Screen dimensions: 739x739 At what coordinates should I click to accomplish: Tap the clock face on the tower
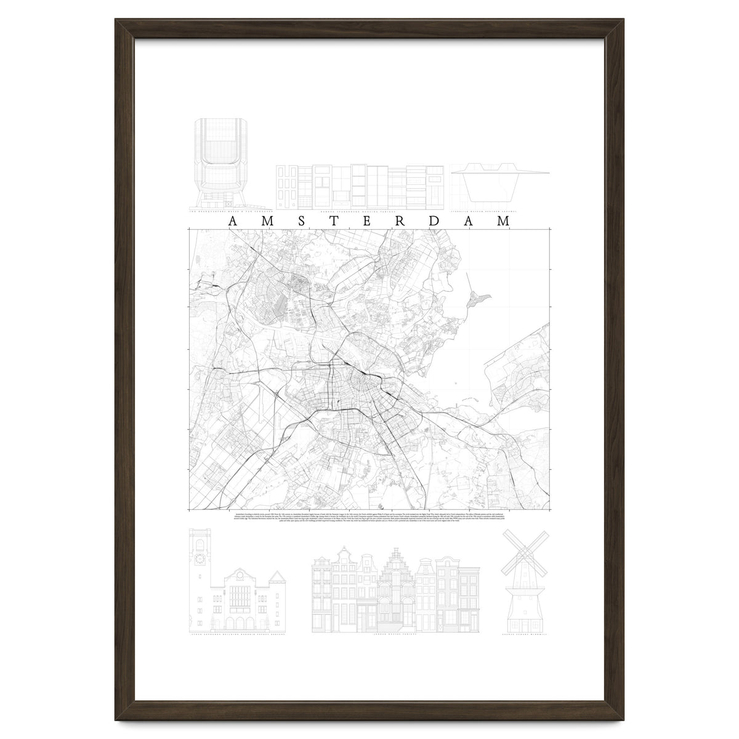200,559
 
